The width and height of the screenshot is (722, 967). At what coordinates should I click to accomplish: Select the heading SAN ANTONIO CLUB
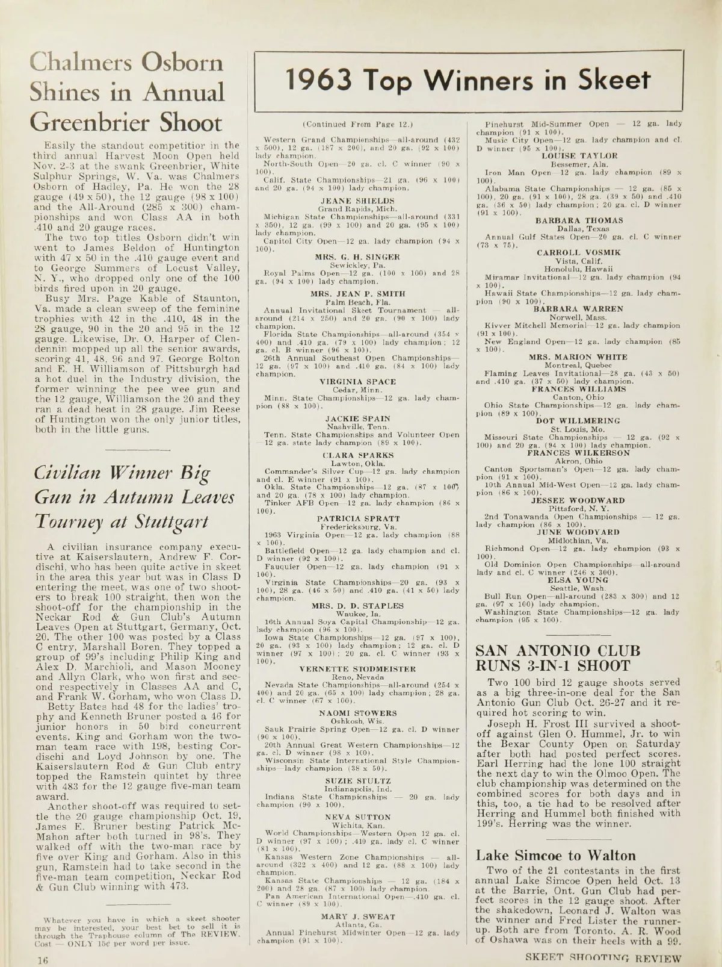coord(558,650)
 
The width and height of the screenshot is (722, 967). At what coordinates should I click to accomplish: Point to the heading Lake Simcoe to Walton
coord(555,856)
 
